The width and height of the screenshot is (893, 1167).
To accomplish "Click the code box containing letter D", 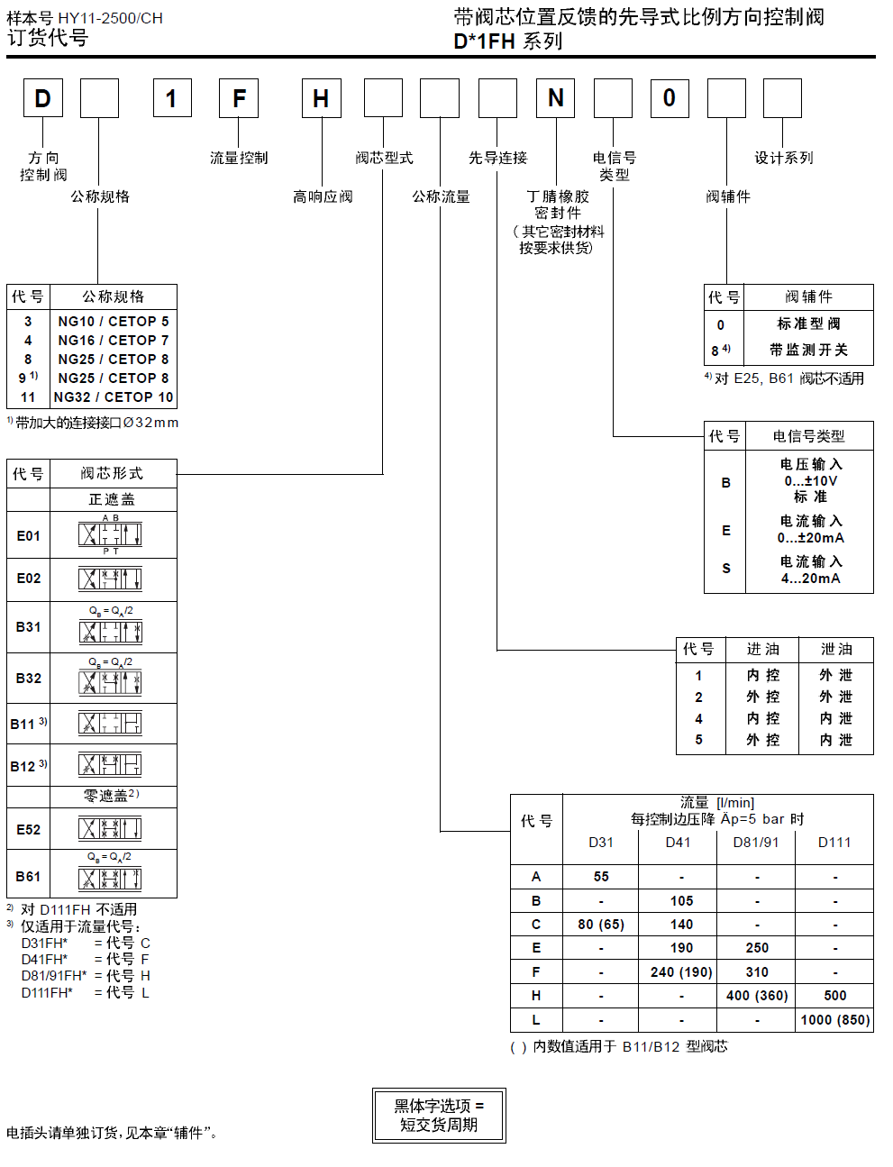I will (43, 98).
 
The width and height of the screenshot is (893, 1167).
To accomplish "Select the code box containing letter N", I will (556, 98).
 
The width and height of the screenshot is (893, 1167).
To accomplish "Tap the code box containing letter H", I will (321, 98).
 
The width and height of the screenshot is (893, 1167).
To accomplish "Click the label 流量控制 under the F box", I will (239, 158).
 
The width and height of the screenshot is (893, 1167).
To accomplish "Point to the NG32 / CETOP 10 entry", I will (114, 397).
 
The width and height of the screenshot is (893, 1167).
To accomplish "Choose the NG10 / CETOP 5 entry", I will (114, 321).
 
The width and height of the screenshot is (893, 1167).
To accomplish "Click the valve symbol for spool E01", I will (111, 535).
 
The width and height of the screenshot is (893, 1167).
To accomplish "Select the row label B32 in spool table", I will (29, 679).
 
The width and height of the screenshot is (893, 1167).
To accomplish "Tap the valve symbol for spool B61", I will (111, 878).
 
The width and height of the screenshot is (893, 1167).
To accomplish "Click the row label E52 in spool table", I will (29, 829).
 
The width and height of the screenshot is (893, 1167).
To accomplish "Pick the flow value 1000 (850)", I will (834, 1020).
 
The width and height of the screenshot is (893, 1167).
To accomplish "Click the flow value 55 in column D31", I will (601, 876).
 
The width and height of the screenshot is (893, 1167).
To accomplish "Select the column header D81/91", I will (756, 843).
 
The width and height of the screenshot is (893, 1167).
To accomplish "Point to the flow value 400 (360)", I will (757, 996).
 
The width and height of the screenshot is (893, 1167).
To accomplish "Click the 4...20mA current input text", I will (810, 579).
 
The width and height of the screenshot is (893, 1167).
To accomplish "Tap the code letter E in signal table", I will (726, 531).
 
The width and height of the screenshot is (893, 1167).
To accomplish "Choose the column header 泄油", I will (836, 649).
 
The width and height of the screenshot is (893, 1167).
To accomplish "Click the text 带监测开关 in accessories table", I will (808, 350).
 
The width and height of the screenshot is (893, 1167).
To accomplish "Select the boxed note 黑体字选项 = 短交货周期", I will (439, 1116).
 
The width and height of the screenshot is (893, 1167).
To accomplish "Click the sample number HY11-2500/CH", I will (110, 18).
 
